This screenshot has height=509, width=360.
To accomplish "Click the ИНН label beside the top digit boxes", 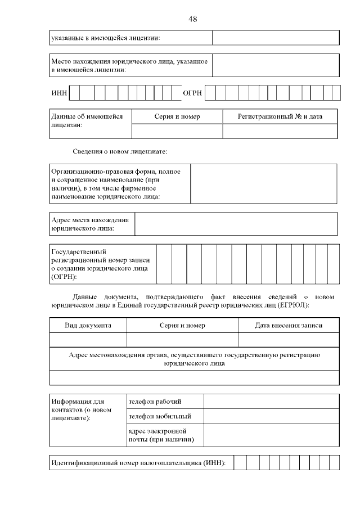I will click(x=58, y=92).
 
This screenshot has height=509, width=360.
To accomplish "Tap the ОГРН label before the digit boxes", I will click(x=192, y=92).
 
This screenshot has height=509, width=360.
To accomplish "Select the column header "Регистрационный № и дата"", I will click(x=280, y=116).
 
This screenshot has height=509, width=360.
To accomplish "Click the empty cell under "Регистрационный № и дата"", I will click(x=280, y=131).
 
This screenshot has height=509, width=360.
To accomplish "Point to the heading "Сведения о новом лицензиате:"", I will click(x=120, y=152).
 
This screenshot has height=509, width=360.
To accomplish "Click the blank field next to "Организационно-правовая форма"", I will click(x=264, y=183).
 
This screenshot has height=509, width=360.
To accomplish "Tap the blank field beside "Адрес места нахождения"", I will click(x=236, y=224).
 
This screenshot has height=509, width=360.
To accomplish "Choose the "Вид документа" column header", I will click(x=88, y=326).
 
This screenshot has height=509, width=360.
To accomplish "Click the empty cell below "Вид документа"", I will click(x=88, y=340).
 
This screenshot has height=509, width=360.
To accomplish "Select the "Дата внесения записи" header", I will click(x=289, y=326).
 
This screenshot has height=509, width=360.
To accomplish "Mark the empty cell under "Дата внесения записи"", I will click(x=289, y=340).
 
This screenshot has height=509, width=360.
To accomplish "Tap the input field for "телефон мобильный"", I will click(x=271, y=416).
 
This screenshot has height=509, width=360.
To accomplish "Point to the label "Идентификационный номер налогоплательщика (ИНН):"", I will click(x=138, y=463).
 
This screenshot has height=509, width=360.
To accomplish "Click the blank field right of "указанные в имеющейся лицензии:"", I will click(x=276, y=38).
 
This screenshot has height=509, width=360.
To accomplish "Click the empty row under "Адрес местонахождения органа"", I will click(x=195, y=377).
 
